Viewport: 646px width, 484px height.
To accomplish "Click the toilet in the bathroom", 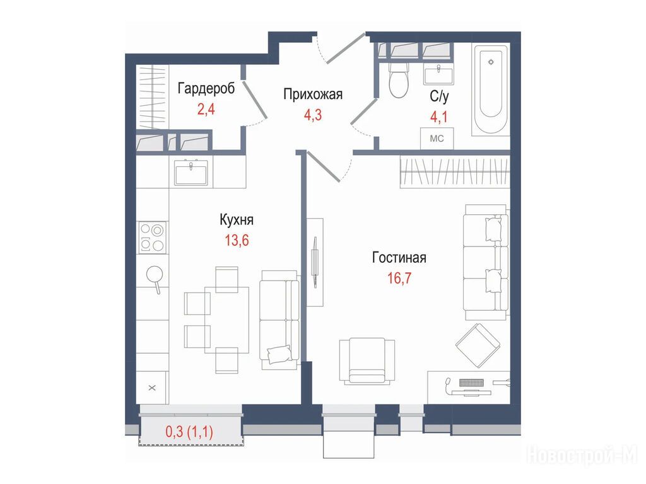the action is [x=399, y=79].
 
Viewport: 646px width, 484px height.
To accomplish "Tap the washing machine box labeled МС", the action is [x=437, y=138].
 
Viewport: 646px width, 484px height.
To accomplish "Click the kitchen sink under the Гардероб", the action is [x=191, y=172].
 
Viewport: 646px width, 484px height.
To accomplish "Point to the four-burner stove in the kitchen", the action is [x=153, y=237].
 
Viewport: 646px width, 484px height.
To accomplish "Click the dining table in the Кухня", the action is [x=226, y=320].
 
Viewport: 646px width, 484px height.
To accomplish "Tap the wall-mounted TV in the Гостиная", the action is [x=315, y=262].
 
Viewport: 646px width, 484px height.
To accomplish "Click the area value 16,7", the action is [x=399, y=278].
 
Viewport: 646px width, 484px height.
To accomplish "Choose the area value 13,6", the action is [x=237, y=240].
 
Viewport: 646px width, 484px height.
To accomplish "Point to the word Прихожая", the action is [x=313, y=95].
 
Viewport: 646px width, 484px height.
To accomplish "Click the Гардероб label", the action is [x=206, y=88].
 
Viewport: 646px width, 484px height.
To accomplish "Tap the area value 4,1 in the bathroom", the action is [x=439, y=117].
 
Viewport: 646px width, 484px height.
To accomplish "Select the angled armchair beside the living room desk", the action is [x=478, y=345].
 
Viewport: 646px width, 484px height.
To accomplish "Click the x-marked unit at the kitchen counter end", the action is [x=152, y=388].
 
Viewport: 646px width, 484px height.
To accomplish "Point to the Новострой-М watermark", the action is [x=582, y=456].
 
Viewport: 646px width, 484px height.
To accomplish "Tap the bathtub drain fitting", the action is [x=491, y=62].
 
